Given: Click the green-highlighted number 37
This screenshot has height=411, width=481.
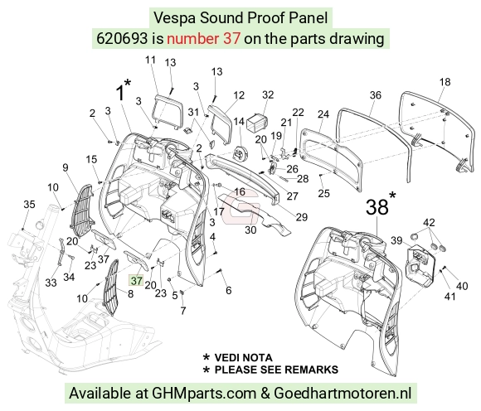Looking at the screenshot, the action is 137,280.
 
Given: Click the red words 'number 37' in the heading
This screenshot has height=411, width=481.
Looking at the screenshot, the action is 203,39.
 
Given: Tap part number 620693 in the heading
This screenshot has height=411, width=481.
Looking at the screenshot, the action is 122,39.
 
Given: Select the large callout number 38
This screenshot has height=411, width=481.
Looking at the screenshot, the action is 377,207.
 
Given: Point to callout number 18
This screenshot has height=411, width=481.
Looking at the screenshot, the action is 445,82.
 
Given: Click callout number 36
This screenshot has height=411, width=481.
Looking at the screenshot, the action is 375,95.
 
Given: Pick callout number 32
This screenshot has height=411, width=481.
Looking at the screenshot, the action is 268,94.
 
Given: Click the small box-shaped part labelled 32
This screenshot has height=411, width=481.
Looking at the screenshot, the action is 257,123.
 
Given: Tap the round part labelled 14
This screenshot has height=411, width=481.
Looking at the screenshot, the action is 240,152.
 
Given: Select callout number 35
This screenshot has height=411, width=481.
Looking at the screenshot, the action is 30,204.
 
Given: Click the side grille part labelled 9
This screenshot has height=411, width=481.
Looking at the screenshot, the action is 82,210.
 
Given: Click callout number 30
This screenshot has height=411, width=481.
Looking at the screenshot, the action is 250,230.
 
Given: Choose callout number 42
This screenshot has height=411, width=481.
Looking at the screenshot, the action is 429,222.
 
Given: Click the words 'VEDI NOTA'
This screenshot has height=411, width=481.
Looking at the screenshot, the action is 243,357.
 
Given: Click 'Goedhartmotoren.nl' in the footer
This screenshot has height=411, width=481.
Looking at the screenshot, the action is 343,393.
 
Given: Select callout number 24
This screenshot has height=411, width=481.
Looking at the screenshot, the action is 323,114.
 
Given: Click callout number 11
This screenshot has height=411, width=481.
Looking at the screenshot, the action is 150,60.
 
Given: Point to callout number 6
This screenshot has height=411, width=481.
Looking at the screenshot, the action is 229,290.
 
